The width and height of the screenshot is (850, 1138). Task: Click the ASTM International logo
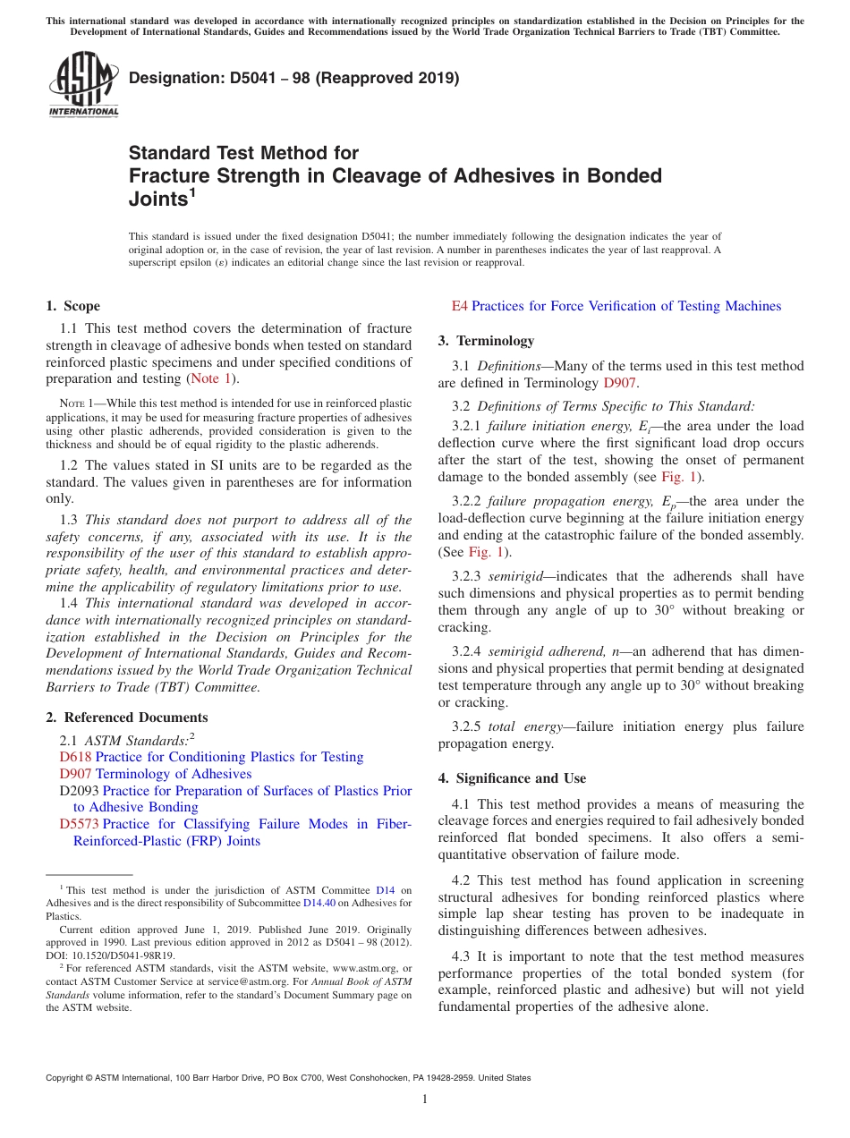click(83, 84)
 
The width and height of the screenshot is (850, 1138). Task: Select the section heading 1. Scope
click(73, 306)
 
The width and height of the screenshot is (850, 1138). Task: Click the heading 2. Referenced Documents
click(127, 718)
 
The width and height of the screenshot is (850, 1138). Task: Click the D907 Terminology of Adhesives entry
click(156, 774)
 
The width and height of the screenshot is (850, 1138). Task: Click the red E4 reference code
click(459, 306)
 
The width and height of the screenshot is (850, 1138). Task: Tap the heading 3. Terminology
click(487, 341)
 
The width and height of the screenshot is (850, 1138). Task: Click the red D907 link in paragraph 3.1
click(619, 383)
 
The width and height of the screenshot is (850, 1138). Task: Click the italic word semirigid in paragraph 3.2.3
click(516, 576)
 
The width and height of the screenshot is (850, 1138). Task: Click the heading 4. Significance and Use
click(513, 778)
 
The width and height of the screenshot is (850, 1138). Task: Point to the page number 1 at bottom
click(425, 1099)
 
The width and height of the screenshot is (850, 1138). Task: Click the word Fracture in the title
click(167, 175)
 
